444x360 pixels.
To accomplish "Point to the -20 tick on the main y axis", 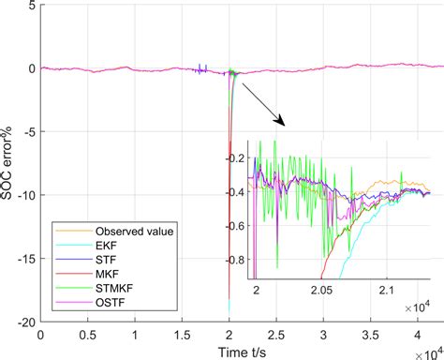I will click(25, 322).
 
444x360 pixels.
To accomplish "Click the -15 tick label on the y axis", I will click(25, 259).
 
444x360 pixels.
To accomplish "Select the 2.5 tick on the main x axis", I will click(276, 334).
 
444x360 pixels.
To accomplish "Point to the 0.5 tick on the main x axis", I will click(87, 334).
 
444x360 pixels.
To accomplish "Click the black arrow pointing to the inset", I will click(262, 105).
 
